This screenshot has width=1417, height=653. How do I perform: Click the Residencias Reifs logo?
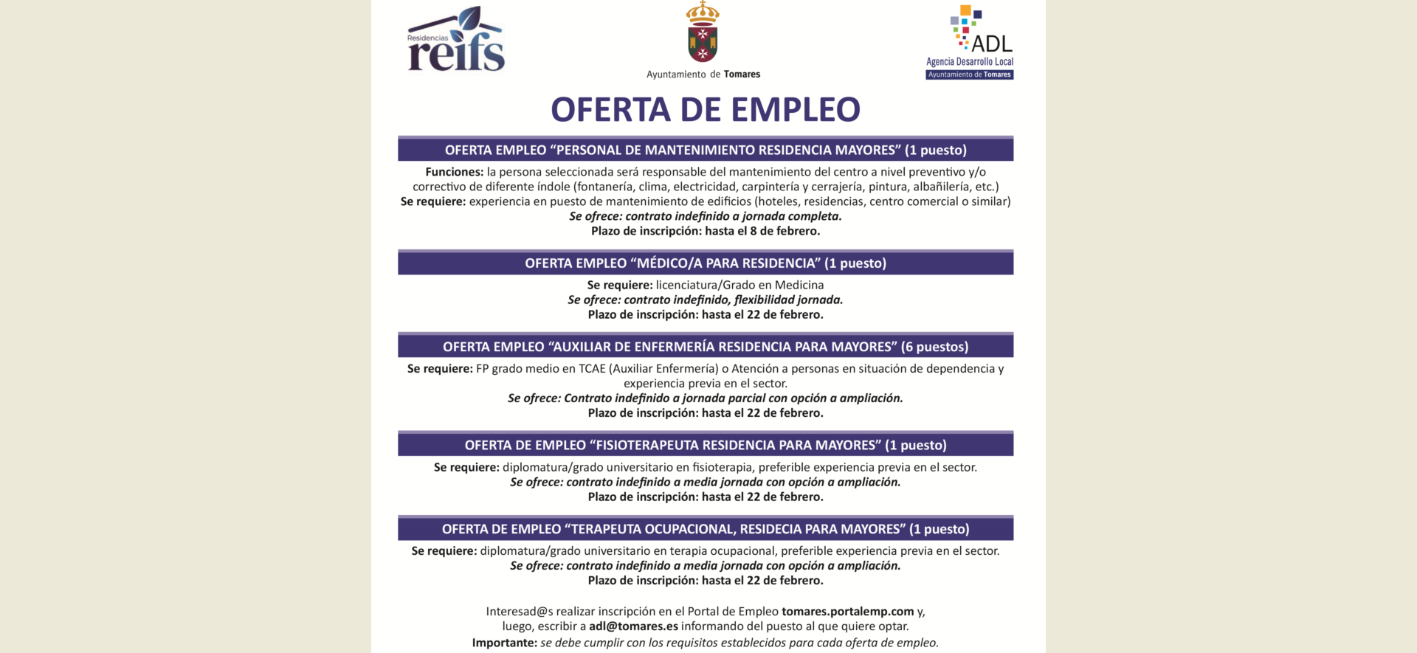pyautogui.click(x=455, y=41)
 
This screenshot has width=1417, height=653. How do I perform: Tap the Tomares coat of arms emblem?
pyautogui.click(x=703, y=33)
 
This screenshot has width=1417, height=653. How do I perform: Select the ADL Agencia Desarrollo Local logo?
pyautogui.click(x=970, y=43)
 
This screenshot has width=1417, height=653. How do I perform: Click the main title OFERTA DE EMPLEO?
pyautogui.click(x=706, y=110)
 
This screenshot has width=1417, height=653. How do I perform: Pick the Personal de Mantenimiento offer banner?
pyautogui.click(x=706, y=150)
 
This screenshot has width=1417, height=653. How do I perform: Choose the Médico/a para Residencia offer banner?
pyautogui.click(x=706, y=263)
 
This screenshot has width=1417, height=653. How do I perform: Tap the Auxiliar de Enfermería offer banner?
pyautogui.click(x=706, y=346)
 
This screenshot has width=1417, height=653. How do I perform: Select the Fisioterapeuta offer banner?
pyautogui.click(x=706, y=445)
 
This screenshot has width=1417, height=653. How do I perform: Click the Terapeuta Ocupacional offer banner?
pyautogui.click(x=706, y=528)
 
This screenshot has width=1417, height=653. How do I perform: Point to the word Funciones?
pyautogui.click(x=454, y=172)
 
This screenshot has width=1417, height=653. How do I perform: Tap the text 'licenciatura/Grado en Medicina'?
pyautogui.click(x=739, y=285)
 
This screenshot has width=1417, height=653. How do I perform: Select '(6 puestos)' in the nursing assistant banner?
pyautogui.click(x=934, y=346)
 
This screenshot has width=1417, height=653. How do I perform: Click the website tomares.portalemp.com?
pyautogui.click(x=847, y=611)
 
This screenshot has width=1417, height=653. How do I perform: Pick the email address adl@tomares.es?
pyautogui.click(x=633, y=626)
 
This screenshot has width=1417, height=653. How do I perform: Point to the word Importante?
pyautogui.click(x=505, y=643)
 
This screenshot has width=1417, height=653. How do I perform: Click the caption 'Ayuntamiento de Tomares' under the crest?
pyautogui.click(x=703, y=75)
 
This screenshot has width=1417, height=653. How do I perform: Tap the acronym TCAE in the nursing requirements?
pyautogui.click(x=592, y=368)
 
